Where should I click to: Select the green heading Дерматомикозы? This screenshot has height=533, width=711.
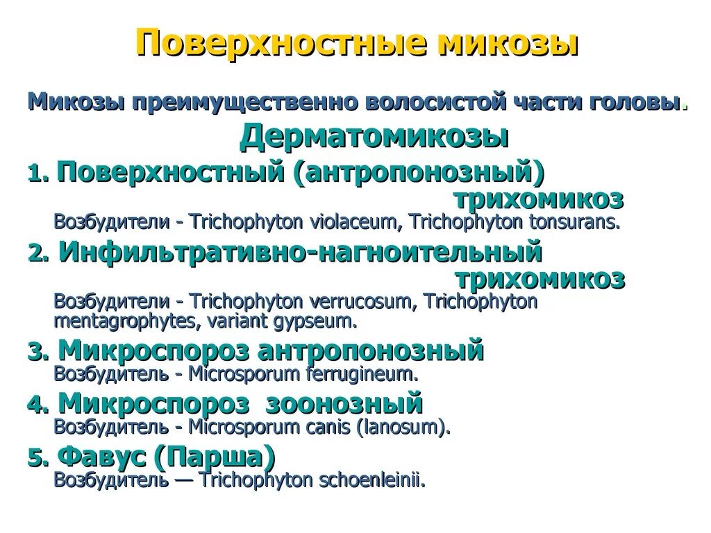[374, 137]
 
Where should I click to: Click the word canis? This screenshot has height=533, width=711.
[331, 427]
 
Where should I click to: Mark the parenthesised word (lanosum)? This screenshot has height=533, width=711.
[403, 427]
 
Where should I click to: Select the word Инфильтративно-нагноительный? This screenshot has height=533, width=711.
[299, 252]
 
